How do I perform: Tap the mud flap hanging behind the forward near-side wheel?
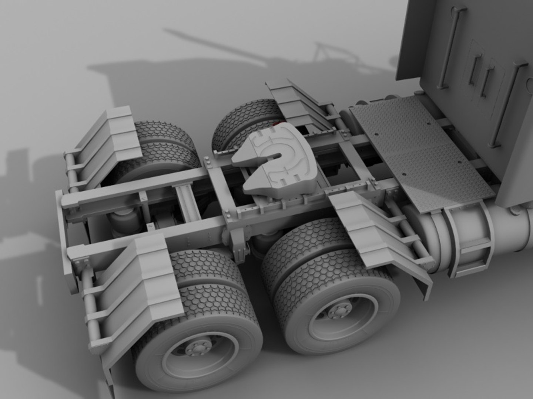pos(422,281)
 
